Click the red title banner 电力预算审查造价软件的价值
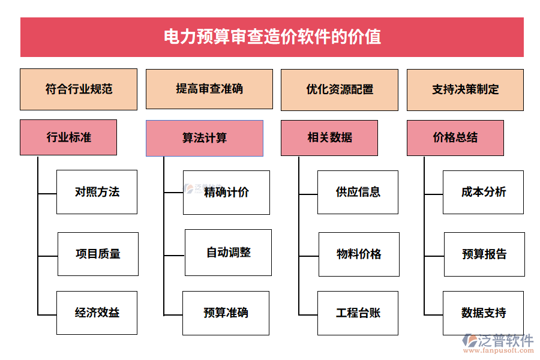[x=272, y=37]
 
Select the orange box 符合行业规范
[x=79, y=89]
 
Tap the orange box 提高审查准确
[x=209, y=89]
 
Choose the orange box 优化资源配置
[x=339, y=89]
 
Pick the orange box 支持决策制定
[x=465, y=89]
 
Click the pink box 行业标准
[x=68, y=137]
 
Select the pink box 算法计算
[x=204, y=138]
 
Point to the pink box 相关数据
[x=329, y=138]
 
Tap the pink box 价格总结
[x=455, y=137]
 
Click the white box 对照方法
[x=97, y=192]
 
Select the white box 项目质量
[x=98, y=254]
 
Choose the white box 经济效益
[x=97, y=313]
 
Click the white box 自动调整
[x=228, y=252]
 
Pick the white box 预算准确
[x=226, y=313]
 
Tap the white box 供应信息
[x=358, y=192]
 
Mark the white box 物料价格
[x=359, y=254]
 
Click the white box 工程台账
[x=358, y=313]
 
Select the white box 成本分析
[x=483, y=192]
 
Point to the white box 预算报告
[x=484, y=254]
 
